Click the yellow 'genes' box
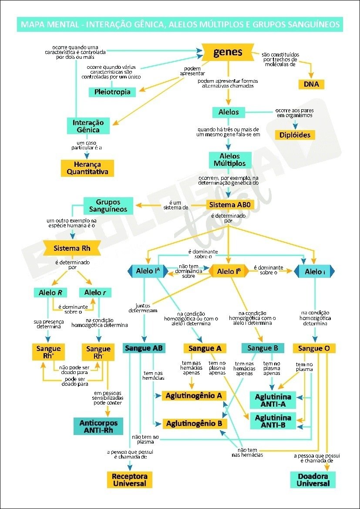coord(228,53)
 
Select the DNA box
coord(311,84)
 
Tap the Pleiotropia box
coord(112,92)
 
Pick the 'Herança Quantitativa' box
coord(87,168)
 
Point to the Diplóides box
coord(295,135)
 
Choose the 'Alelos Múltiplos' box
coord(229,160)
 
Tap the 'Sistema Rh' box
coord(72,249)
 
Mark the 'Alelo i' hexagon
coord(314,272)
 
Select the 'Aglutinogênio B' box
coord(194,423)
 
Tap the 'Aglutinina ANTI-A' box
coord(273,400)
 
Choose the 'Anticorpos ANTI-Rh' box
coord(98,426)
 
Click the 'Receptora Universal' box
coord(130,480)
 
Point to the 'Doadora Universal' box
coord(313,480)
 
